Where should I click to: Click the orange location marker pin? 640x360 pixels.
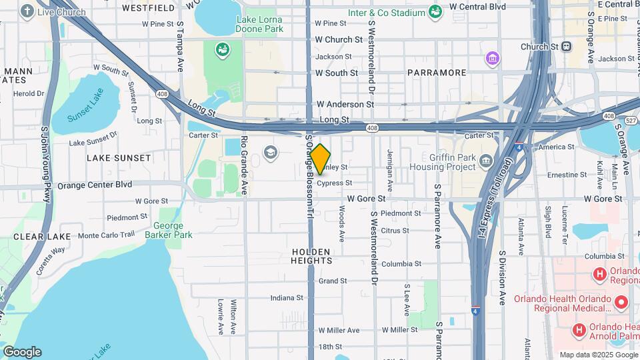click(321, 159)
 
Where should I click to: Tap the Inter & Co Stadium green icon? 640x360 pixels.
click(435, 11)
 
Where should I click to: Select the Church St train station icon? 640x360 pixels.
click(566, 47)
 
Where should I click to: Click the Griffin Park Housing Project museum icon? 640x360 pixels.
click(486, 160)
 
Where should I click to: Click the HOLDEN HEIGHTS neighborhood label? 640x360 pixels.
click(311, 256)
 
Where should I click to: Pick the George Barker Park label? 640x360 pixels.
click(169, 230)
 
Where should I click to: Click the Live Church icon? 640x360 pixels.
click(27, 11)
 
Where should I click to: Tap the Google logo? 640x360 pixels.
click(22, 351)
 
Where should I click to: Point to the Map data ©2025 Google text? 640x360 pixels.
click(597, 355)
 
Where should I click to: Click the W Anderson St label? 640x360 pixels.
click(345, 104)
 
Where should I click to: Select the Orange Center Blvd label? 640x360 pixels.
click(95, 185)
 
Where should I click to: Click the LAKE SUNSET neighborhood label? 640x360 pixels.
click(119, 158)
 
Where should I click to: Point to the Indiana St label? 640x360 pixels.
click(287, 298)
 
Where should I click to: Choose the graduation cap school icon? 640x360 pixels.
click(270, 153)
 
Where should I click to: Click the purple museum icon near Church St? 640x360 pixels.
click(493, 58)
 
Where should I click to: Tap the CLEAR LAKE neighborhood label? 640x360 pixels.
click(33, 237)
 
